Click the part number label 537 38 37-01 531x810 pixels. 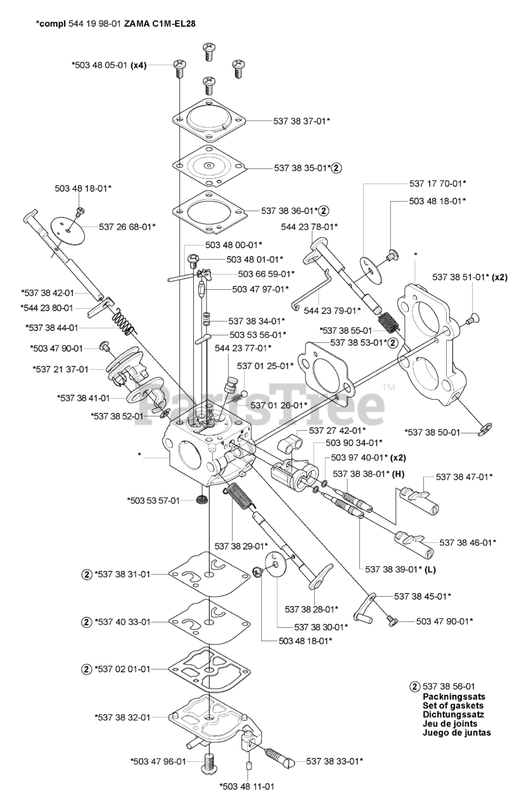[x=302, y=120]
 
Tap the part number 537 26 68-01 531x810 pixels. [x=127, y=226]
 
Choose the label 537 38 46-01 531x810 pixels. [x=467, y=542]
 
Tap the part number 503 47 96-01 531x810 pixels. [x=158, y=761]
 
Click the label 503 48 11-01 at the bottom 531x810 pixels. [x=246, y=787]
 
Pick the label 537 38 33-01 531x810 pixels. [x=335, y=761]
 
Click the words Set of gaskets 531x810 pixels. [x=452, y=705]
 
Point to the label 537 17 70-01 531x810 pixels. [x=437, y=184]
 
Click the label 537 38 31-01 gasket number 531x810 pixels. [x=123, y=574]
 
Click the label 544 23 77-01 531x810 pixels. [x=243, y=348]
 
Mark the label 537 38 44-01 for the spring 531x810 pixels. [x=52, y=328]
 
